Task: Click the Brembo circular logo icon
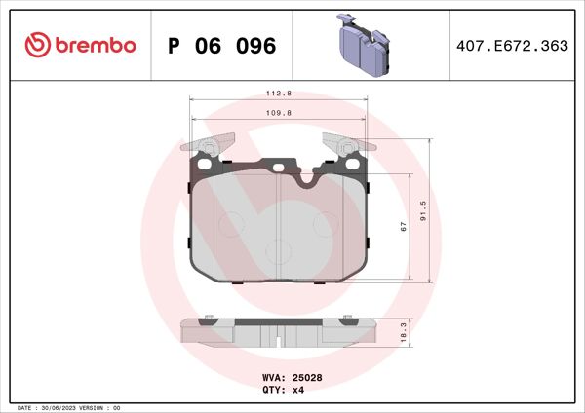(37, 46)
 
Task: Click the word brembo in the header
(94, 46)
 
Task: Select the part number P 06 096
(222, 46)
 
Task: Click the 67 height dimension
(402, 226)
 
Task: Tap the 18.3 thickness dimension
(403, 332)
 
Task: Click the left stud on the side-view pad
(210, 317)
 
